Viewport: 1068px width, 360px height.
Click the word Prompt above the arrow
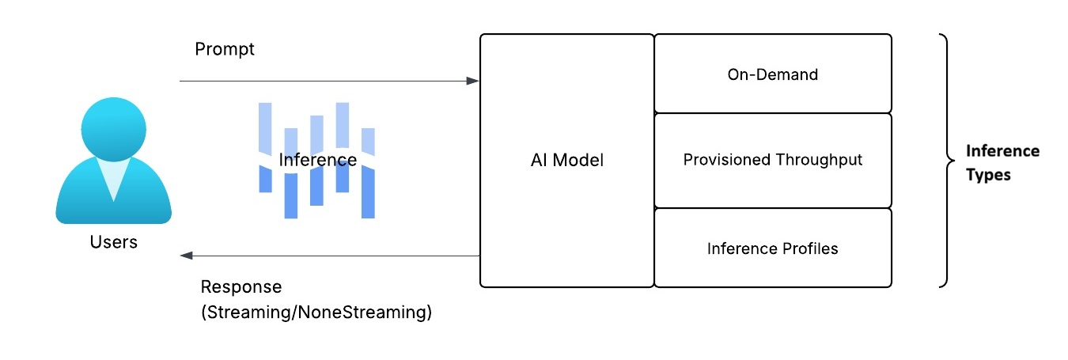[225, 49]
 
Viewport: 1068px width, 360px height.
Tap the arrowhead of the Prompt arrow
[473, 81]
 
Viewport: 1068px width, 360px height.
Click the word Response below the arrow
[240, 286]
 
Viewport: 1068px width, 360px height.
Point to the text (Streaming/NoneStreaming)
[316, 312]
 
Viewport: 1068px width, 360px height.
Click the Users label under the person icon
[113, 242]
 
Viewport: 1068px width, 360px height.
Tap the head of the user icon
[114, 127]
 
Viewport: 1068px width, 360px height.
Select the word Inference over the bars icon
[317, 160]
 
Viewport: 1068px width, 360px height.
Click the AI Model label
[566, 160]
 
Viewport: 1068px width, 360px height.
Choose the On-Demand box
[772, 74]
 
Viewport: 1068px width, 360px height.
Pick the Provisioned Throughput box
[772, 160]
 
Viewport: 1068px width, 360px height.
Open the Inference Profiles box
[772, 248]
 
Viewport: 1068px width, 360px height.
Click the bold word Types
[988, 175]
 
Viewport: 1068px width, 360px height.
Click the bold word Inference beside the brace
[1002, 150]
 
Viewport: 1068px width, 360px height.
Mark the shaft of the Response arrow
[332, 256]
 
